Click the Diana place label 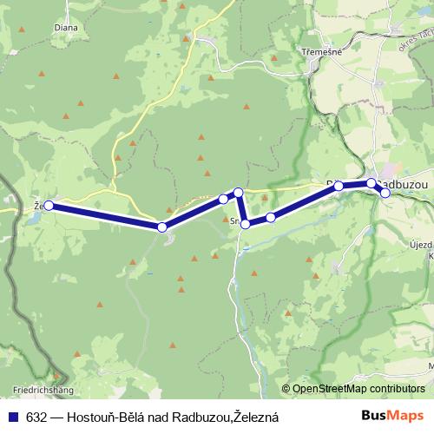pos(41,26)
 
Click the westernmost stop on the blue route pos(49,206)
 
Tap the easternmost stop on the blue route pos(385,193)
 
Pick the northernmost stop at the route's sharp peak pos(238,192)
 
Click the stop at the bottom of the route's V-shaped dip pos(246,224)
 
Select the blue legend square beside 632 pos(13,418)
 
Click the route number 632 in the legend pos(36,418)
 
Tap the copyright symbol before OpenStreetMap pos(287,389)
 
